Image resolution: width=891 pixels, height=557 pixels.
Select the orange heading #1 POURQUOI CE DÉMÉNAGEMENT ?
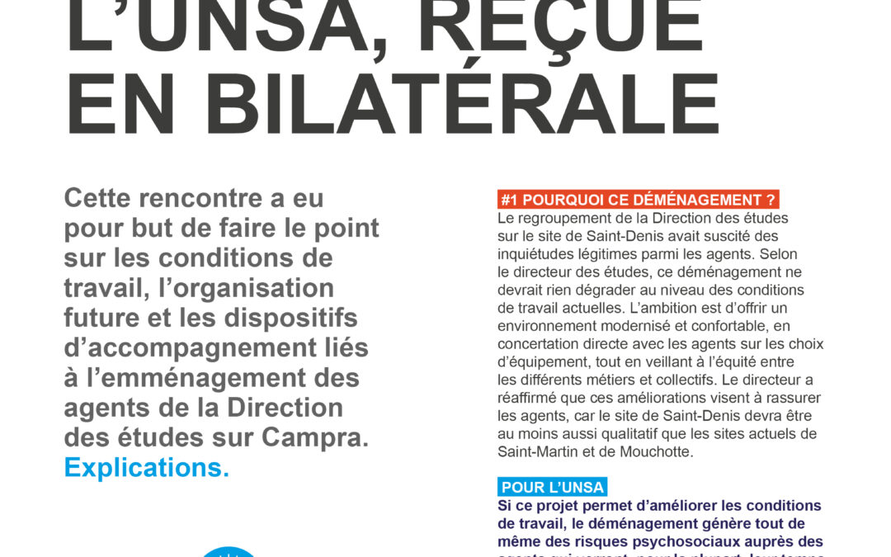(x=639, y=200)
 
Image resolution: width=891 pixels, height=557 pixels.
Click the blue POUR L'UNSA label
(x=553, y=487)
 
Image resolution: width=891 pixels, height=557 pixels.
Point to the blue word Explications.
(x=147, y=467)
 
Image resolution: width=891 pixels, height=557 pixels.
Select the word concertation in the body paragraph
(x=538, y=343)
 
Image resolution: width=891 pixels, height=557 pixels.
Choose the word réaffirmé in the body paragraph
(x=530, y=398)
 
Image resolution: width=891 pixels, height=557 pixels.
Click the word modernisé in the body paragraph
(x=643, y=326)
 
